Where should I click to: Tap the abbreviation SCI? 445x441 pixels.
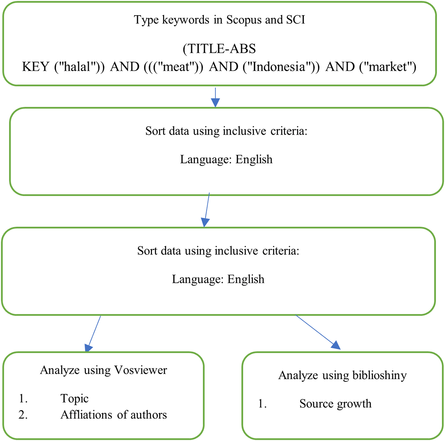296,20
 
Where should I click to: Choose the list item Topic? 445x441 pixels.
74,399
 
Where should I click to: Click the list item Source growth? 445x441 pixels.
335,404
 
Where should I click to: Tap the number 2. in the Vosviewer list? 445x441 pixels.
23,415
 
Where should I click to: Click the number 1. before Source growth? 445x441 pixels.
263,404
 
